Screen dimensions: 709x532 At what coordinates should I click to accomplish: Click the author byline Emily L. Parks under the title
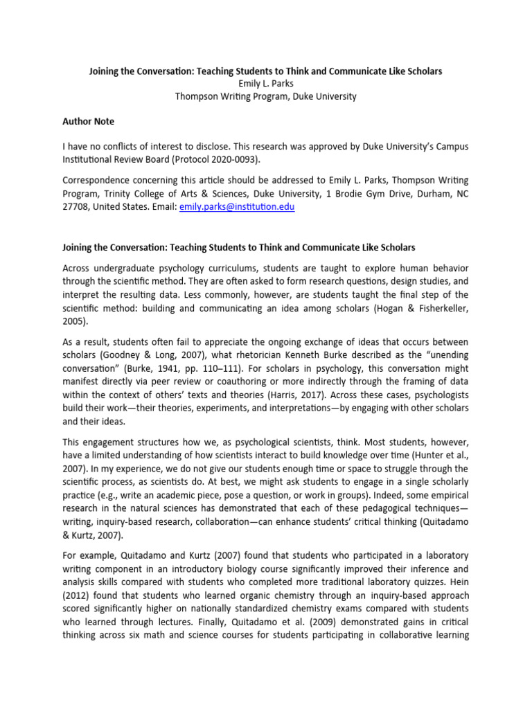265,84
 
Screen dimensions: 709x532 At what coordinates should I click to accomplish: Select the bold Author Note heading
88,121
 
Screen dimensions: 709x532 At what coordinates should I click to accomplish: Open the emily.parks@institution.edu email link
236,207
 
